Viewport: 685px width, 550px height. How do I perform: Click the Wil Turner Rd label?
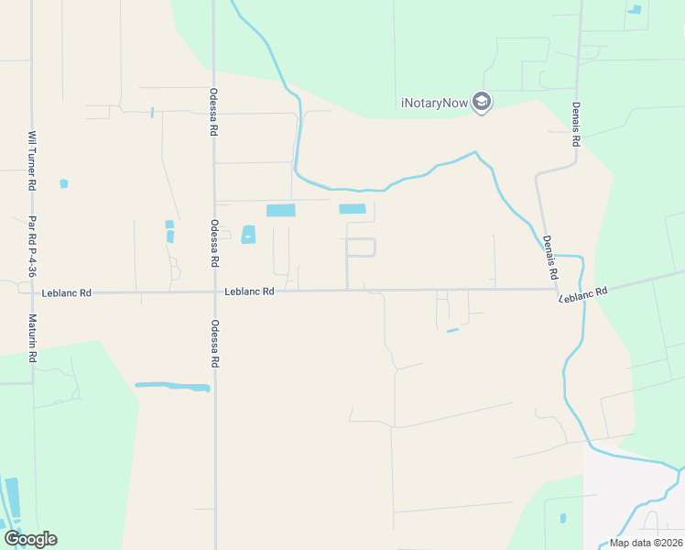point(32,160)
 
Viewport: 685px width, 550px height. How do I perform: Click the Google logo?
point(30,538)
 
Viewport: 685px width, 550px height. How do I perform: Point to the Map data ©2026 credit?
point(646,543)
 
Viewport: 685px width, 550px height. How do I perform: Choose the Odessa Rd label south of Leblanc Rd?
point(215,344)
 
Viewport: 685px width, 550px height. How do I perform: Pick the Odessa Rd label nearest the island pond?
point(214,243)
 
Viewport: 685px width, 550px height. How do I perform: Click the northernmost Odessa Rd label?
point(213,111)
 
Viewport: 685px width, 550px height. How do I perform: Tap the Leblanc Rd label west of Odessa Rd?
point(67,293)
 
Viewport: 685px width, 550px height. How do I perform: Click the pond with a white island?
point(248,235)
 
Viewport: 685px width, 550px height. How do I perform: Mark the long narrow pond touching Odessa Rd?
point(172,387)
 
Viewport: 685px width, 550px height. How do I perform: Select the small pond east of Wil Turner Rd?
point(63,183)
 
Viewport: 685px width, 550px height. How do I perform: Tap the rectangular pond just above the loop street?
point(353,209)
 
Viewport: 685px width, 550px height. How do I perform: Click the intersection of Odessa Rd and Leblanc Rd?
point(215,292)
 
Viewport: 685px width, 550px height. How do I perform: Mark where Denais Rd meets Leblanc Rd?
point(559,290)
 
